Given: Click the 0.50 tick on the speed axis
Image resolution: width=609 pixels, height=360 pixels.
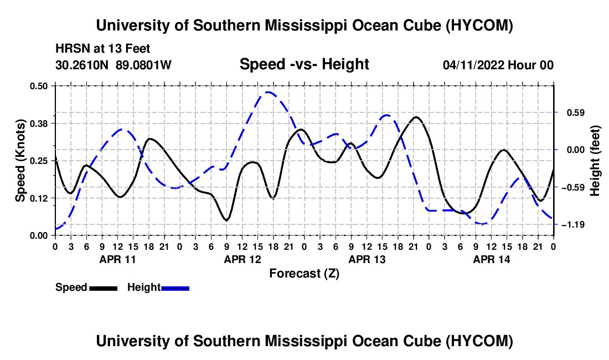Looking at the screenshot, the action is [x=38, y=86].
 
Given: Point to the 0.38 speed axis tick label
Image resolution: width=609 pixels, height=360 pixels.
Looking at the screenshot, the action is [x=38, y=124].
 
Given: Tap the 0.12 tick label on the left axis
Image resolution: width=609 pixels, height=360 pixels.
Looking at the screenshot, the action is [x=38, y=198].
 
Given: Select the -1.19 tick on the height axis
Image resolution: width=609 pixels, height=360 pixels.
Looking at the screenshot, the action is [x=576, y=224].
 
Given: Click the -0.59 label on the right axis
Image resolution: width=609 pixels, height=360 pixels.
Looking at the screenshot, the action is [x=576, y=188].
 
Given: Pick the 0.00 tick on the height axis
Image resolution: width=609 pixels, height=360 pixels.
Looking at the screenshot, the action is [x=576, y=150].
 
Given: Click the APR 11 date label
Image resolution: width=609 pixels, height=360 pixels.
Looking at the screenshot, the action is [x=117, y=259].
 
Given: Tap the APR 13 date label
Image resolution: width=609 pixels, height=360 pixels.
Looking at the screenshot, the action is [x=367, y=259].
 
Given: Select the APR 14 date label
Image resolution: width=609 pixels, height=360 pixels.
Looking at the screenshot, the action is [x=491, y=259].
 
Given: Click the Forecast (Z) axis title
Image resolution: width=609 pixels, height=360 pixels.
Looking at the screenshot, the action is [x=304, y=274].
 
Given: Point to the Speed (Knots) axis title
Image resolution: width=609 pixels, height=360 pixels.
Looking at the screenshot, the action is [x=20, y=161].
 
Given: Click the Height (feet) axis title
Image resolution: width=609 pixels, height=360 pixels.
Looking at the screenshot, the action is [x=595, y=161].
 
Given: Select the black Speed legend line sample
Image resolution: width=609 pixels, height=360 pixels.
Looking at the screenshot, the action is [x=103, y=288].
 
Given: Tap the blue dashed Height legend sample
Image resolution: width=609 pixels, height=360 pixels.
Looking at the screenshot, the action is [x=175, y=288].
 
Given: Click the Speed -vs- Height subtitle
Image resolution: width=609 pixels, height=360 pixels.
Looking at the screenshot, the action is [x=304, y=64].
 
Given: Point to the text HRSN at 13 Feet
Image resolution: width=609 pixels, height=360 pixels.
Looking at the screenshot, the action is [x=102, y=49].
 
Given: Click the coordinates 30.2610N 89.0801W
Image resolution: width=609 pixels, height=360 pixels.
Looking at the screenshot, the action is [x=113, y=65].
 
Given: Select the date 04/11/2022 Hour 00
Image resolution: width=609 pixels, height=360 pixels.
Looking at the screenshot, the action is [x=498, y=65].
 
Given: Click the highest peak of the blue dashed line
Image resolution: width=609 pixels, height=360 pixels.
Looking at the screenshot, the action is [x=268, y=92].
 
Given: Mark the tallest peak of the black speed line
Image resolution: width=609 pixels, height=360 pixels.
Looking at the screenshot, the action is [x=416, y=116].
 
